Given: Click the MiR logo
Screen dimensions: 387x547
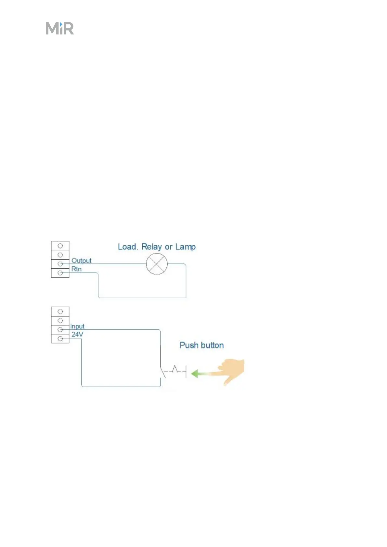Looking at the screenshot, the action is (60, 29).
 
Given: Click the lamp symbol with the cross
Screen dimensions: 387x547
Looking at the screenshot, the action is (157, 264).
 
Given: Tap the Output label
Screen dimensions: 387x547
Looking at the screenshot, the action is (81, 261).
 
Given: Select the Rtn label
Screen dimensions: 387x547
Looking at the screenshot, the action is (76, 269).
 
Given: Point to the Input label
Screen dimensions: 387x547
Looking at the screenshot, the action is (77, 326).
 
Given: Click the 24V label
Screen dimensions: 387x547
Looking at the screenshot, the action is (77, 334).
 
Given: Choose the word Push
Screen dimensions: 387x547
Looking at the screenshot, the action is (189, 345).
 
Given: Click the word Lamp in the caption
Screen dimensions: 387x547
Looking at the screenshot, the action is (185, 247).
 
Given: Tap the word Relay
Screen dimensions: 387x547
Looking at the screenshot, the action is (151, 247).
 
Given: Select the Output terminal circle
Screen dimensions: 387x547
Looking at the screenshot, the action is (60, 264).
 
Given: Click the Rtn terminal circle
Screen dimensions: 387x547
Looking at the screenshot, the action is (60, 273).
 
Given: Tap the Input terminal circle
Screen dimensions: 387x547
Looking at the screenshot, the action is (60, 330).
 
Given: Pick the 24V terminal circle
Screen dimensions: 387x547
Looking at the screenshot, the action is (60, 339).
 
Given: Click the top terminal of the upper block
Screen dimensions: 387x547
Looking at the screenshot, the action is (60, 246).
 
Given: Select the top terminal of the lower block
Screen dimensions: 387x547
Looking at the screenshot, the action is (60, 312).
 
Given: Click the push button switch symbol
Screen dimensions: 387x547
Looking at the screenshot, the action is (174, 371).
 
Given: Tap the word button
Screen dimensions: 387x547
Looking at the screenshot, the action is (212, 345).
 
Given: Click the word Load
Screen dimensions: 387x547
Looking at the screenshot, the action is (128, 247).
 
